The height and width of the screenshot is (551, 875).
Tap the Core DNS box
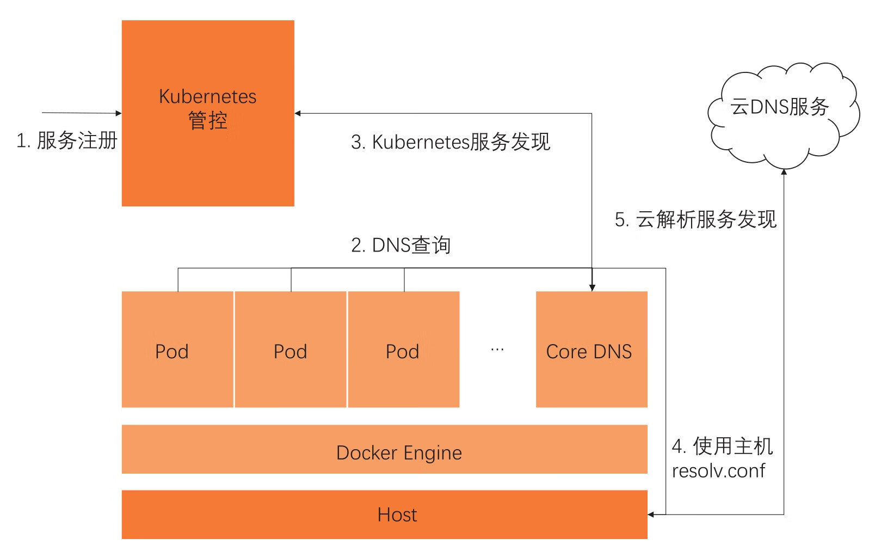pyautogui.click(x=591, y=376)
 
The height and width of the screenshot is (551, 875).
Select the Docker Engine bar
pyautogui.click(x=384, y=449)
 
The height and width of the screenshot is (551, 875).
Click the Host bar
pyautogui.click(x=384, y=515)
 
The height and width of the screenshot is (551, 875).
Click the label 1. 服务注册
pyautogui.click(x=66, y=140)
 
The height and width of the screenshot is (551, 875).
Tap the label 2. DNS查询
pyautogui.click(x=400, y=245)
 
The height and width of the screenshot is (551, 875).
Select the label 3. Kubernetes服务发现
pyautogui.click(x=451, y=142)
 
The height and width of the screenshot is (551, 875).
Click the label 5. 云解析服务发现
pyautogui.click(x=695, y=219)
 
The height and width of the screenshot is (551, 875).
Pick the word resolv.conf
pyautogui.click(x=718, y=470)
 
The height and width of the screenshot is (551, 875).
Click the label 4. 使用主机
pyautogui.click(x=722, y=446)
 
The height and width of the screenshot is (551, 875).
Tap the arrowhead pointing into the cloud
pyautogui.click(x=784, y=172)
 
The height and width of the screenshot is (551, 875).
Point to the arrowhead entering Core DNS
pyautogui.click(x=592, y=287)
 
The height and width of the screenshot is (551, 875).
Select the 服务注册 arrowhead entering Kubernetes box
pyautogui.click(x=118, y=113)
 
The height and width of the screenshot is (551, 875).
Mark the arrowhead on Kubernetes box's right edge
pyautogui.click(x=298, y=113)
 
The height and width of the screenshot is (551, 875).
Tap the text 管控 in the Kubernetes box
pyautogui.click(x=207, y=120)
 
